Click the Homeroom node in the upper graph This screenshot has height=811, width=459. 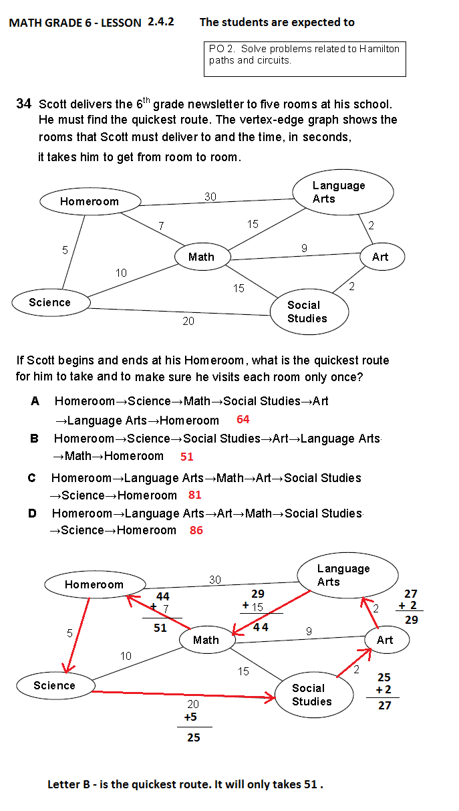pos(90,201)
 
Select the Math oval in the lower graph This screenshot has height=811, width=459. pos(207,640)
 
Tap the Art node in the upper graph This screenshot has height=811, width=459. pos(382,257)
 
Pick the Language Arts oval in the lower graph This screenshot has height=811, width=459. pos(347,575)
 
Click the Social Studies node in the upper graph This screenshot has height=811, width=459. pos(309,312)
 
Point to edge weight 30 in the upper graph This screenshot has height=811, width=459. pos(210,197)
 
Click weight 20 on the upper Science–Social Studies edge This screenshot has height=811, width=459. pos(188,321)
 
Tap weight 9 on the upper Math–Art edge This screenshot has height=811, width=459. pos(304,248)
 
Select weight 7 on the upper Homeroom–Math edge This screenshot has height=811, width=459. pos(161,226)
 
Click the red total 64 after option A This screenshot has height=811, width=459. pos(243,419)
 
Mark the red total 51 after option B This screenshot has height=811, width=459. pos(186,457)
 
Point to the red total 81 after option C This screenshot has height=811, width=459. pos(194,495)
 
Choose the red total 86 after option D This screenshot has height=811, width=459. pos(196,530)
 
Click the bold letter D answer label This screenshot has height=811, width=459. pos(32,513)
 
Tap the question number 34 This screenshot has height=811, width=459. pos(24,104)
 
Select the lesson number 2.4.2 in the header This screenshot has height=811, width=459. pos(161,21)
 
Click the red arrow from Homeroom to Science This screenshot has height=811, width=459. pos(78,635)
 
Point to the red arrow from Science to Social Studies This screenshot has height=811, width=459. pos(184,695)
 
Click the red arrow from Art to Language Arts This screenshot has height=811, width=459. pos(369,613)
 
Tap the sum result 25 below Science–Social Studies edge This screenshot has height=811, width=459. pos(194,737)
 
